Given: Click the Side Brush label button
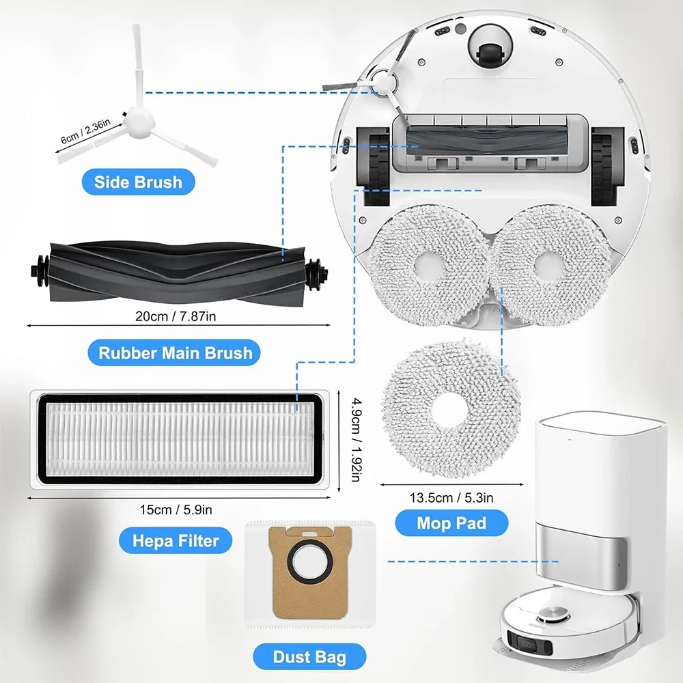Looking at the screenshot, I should [139, 182].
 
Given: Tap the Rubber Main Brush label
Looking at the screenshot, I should [176, 353].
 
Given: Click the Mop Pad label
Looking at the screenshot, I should [452, 524].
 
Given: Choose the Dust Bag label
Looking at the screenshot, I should [309, 658].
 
